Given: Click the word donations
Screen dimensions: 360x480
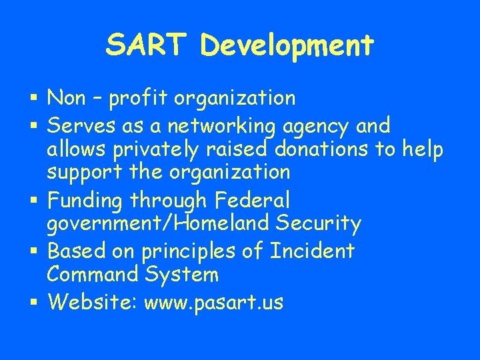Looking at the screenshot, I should [319, 149].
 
